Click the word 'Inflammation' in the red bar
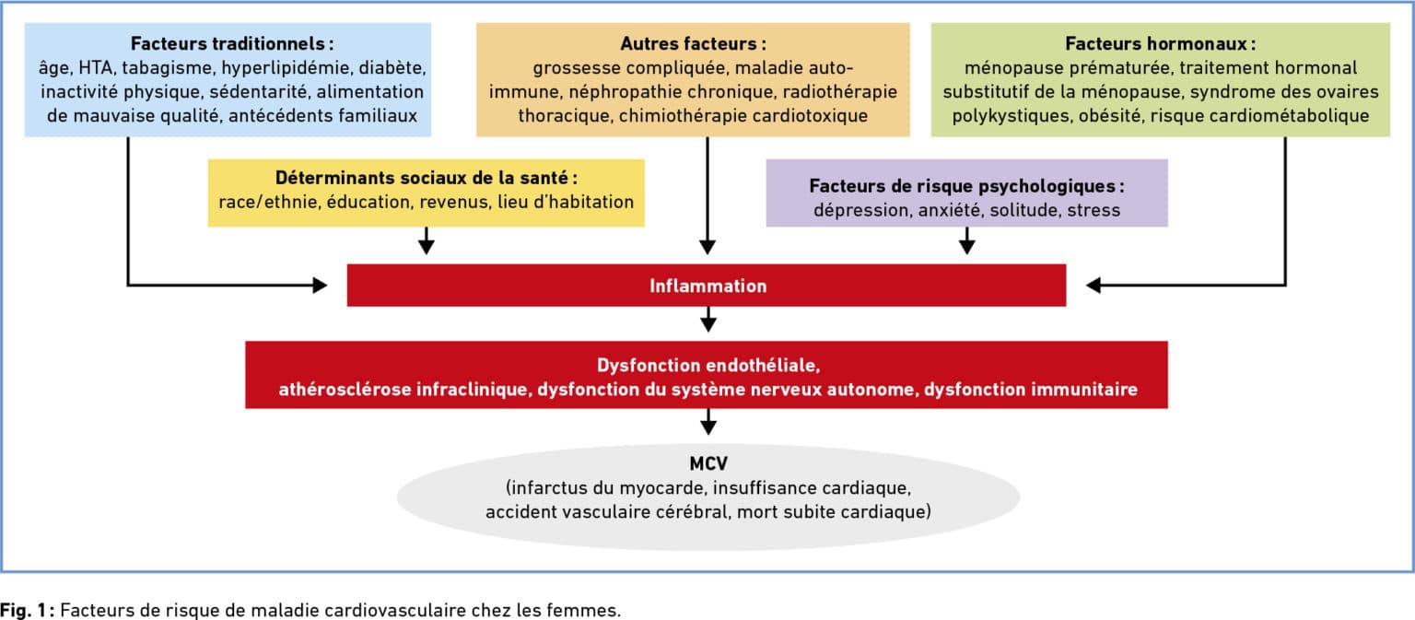click(x=708, y=286)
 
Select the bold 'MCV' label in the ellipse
click(x=708, y=464)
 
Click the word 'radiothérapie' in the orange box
click(x=839, y=91)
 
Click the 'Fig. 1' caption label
click(x=23, y=610)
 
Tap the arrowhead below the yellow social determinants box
click(x=427, y=247)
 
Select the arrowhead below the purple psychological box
click(x=966, y=247)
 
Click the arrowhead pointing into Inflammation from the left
click(x=320, y=285)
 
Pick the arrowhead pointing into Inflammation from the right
click(x=1093, y=285)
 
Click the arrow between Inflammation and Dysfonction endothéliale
click(x=708, y=319)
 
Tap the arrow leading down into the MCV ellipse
click(x=708, y=422)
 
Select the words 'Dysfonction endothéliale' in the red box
click(x=708, y=366)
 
